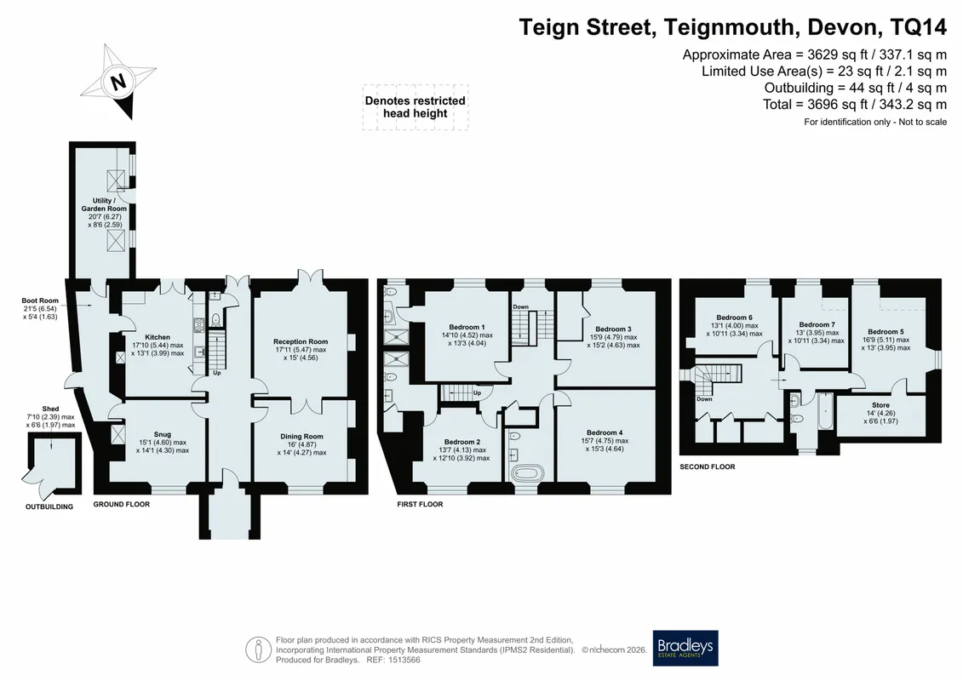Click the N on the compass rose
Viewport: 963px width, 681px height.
(x=118, y=81)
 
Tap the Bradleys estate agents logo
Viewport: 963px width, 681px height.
(x=685, y=648)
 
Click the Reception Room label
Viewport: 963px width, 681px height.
(x=301, y=341)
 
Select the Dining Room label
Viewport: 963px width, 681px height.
(x=301, y=437)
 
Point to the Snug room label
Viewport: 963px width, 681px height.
(x=162, y=434)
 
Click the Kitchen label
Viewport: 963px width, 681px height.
(x=158, y=337)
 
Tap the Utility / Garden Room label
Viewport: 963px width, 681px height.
(x=104, y=204)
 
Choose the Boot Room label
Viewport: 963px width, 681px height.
(x=40, y=300)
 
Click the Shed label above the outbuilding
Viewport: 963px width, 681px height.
(x=50, y=409)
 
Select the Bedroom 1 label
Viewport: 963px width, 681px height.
(x=467, y=327)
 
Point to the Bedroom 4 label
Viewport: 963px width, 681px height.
(x=605, y=432)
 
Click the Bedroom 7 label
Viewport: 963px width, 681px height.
(x=817, y=325)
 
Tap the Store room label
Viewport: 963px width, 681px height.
(x=880, y=405)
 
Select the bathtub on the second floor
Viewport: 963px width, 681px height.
(x=825, y=412)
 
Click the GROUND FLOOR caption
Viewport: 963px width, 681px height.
(x=122, y=504)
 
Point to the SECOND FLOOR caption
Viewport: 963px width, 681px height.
(x=708, y=466)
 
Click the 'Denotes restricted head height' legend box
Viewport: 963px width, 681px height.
(x=416, y=107)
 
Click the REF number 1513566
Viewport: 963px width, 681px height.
(x=402, y=660)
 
